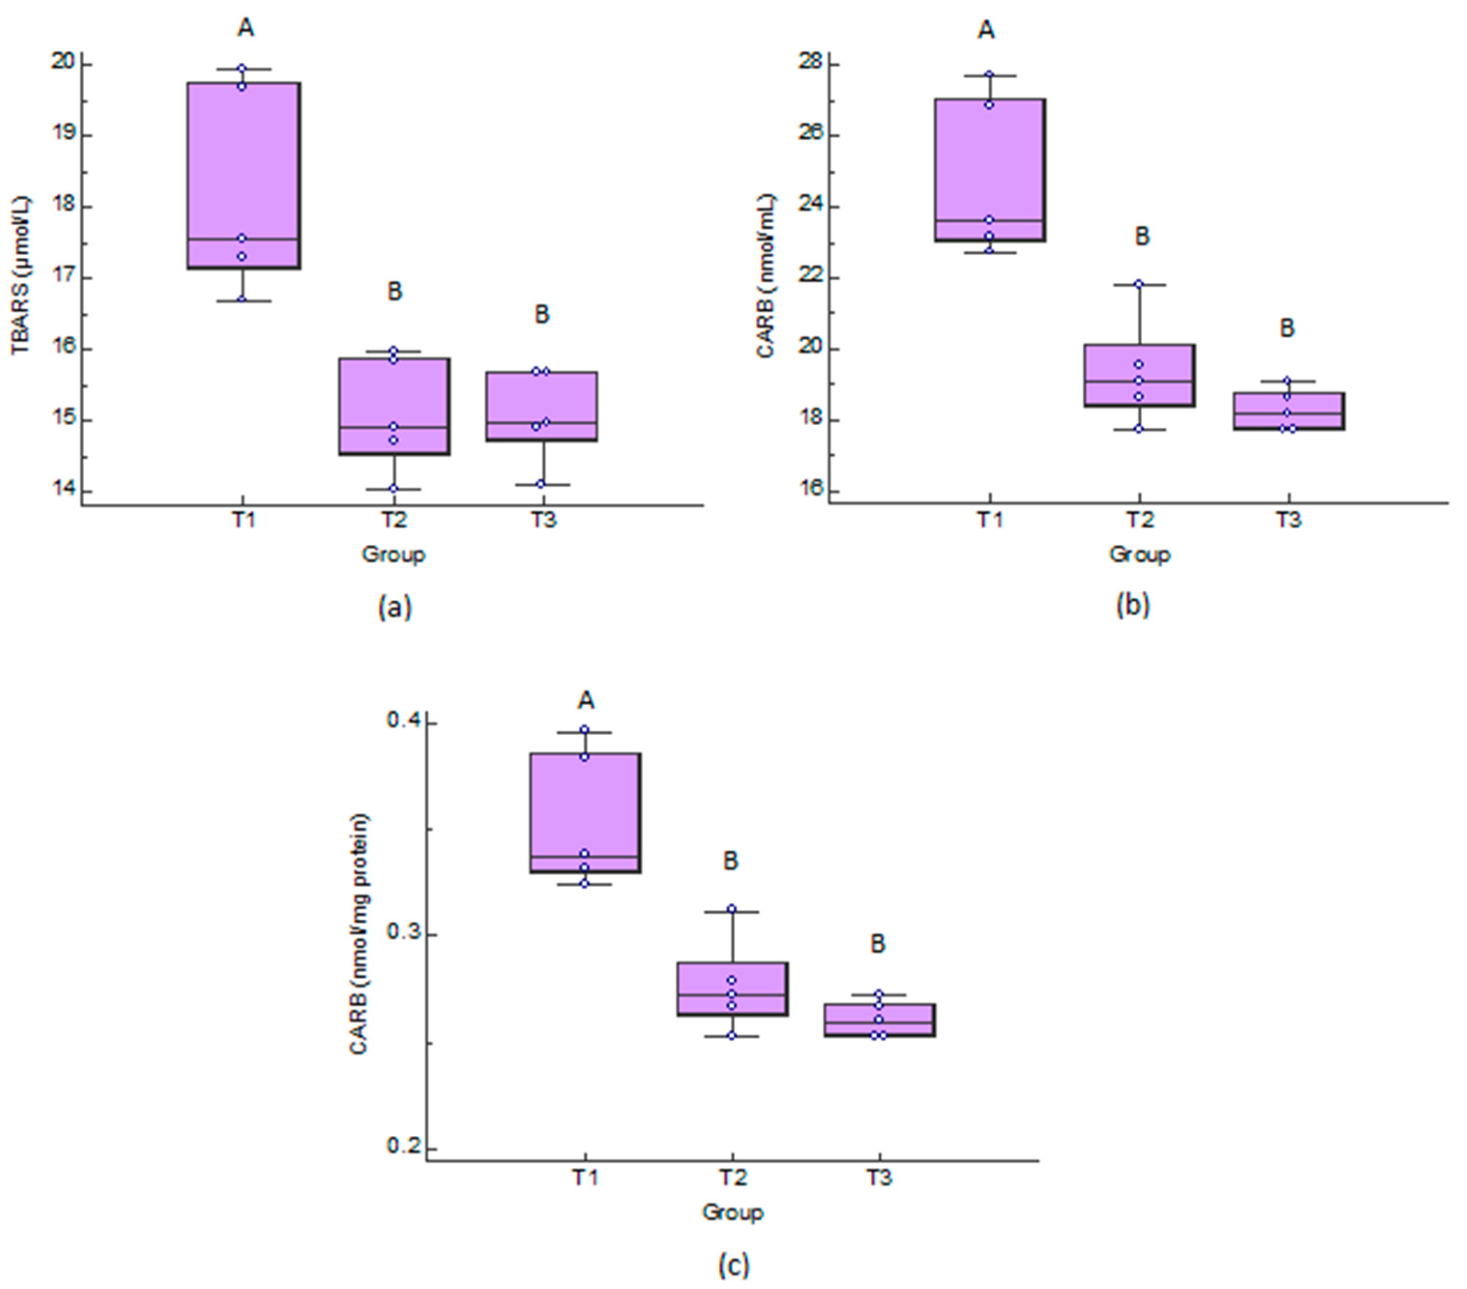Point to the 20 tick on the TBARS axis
(62, 62)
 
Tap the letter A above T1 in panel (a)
(246, 28)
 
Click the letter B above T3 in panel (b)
(1287, 329)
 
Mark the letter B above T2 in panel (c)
(731, 860)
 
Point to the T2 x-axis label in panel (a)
(393, 519)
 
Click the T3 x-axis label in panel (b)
(1288, 519)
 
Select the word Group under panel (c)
(732, 1212)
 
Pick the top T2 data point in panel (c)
(731, 909)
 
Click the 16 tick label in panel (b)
(810, 492)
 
